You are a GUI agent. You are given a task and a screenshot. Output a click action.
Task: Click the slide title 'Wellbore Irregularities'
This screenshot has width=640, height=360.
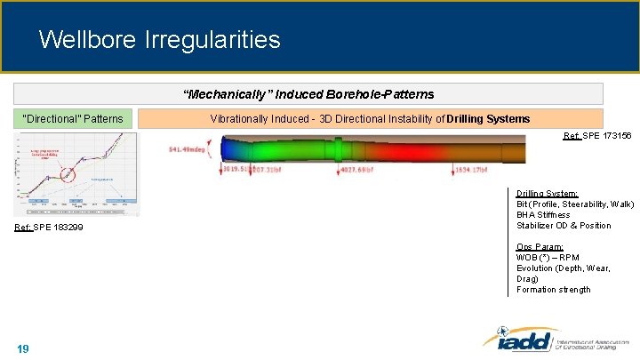[160, 40]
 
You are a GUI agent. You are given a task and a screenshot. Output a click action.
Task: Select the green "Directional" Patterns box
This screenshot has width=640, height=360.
[74, 118]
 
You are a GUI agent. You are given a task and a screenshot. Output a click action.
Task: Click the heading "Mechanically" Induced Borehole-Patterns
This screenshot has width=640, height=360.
[308, 94]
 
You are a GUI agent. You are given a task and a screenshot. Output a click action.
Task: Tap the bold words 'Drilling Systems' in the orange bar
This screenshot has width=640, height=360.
[488, 118]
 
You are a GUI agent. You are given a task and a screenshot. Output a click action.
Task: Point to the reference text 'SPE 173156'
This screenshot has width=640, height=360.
[608, 136]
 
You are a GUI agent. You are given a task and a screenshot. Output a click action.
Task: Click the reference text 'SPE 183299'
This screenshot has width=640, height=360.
[58, 228]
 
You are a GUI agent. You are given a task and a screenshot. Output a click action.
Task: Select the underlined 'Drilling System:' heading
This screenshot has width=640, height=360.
[547, 193]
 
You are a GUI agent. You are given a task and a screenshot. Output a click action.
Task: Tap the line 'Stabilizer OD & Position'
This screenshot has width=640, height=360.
[564, 225]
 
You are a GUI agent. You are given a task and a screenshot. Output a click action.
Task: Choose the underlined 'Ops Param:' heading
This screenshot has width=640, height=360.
[539, 247]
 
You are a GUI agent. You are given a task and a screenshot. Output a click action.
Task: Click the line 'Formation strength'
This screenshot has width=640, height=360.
[553, 289]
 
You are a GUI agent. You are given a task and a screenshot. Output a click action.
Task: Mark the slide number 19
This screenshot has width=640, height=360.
[23, 348]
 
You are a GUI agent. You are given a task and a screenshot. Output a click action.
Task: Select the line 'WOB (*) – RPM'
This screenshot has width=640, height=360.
[547, 258]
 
